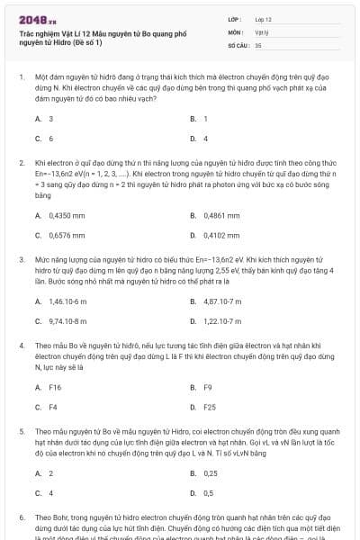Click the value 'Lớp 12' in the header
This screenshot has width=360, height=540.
point(265,17)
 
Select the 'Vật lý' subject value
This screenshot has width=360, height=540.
point(263,31)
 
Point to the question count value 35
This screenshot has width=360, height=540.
point(258,43)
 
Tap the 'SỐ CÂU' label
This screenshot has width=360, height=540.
point(238,43)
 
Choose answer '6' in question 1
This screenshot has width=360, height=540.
point(50,139)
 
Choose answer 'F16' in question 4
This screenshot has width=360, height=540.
point(55,387)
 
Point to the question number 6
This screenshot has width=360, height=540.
point(21,519)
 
